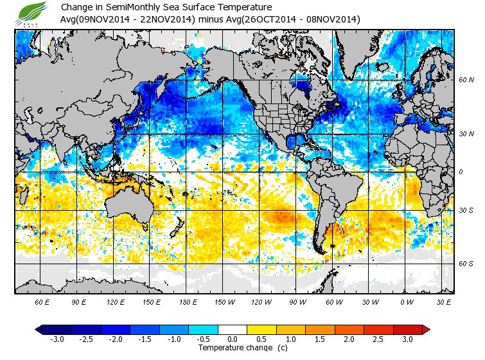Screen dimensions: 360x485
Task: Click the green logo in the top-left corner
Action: point(33,13)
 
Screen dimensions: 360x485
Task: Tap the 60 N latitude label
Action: point(466,80)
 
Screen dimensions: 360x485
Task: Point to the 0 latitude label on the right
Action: point(461,172)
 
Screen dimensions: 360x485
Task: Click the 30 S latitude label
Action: point(466,211)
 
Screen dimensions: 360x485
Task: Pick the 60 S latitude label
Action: point(466,264)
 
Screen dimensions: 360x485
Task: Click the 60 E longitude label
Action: point(42,301)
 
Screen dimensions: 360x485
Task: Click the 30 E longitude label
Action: point(443,301)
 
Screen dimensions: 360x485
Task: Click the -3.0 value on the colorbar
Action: point(57,339)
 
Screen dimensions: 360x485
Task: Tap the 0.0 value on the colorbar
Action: point(233,339)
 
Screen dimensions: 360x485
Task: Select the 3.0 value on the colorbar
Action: point(407,339)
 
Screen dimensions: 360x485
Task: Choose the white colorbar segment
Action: point(233,329)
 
